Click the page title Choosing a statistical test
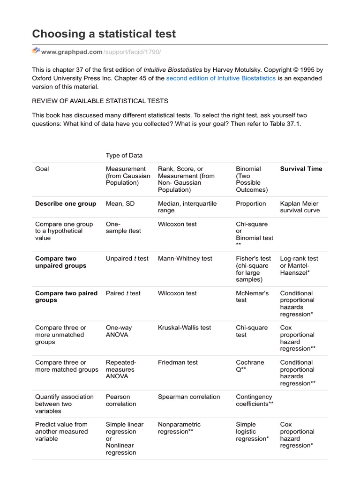tap(104, 34)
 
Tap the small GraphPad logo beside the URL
tap(36, 51)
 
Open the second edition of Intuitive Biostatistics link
tap(221, 78)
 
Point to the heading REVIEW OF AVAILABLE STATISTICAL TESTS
tap(100, 101)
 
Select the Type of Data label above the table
tap(124, 155)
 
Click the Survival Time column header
tap(301, 169)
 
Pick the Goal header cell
tap(42, 169)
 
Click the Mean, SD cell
tap(121, 203)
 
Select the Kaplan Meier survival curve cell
tap(300, 207)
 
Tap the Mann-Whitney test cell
tap(185, 258)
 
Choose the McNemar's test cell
tap(252, 296)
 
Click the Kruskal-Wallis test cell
tap(185, 328)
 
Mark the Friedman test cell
tap(178, 362)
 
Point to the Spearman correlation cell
tap(189, 397)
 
